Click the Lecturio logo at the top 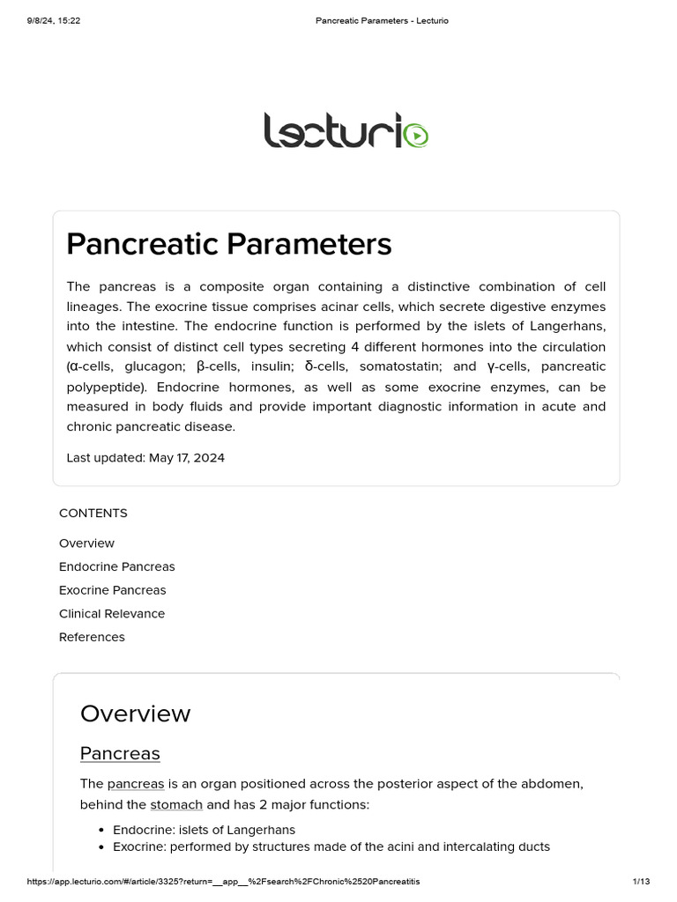pyautogui.click(x=346, y=130)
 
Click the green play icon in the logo pyautogui.click(x=418, y=136)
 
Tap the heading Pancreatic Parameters pyautogui.click(x=228, y=244)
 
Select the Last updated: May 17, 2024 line pyautogui.click(x=145, y=458)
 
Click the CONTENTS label pyautogui.click(x=93, y=514)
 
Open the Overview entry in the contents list pyautogui.click(x=86, y=543)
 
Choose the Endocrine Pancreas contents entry pyautogui.click(x=116, y=566)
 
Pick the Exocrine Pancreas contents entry pyautogui.click(x=112, y=590)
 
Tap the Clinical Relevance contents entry pyautogui.click(x=112, y=613)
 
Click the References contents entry pyautogui.click(x=92, y=637)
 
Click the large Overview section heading pyautogui.click(x=135, y=713)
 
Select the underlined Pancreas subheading pyautogui.click(x=120, y=754)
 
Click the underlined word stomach pyautogui.click(x=176, y=805)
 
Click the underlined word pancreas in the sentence pyautogui.click(x=136, y=784)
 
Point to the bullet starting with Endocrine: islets pyautogui.click(x=204, y=830)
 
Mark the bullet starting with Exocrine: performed pyautogui.click(x=331, y=847)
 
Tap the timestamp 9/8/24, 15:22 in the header pyautogui.click(x=55, y=20)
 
